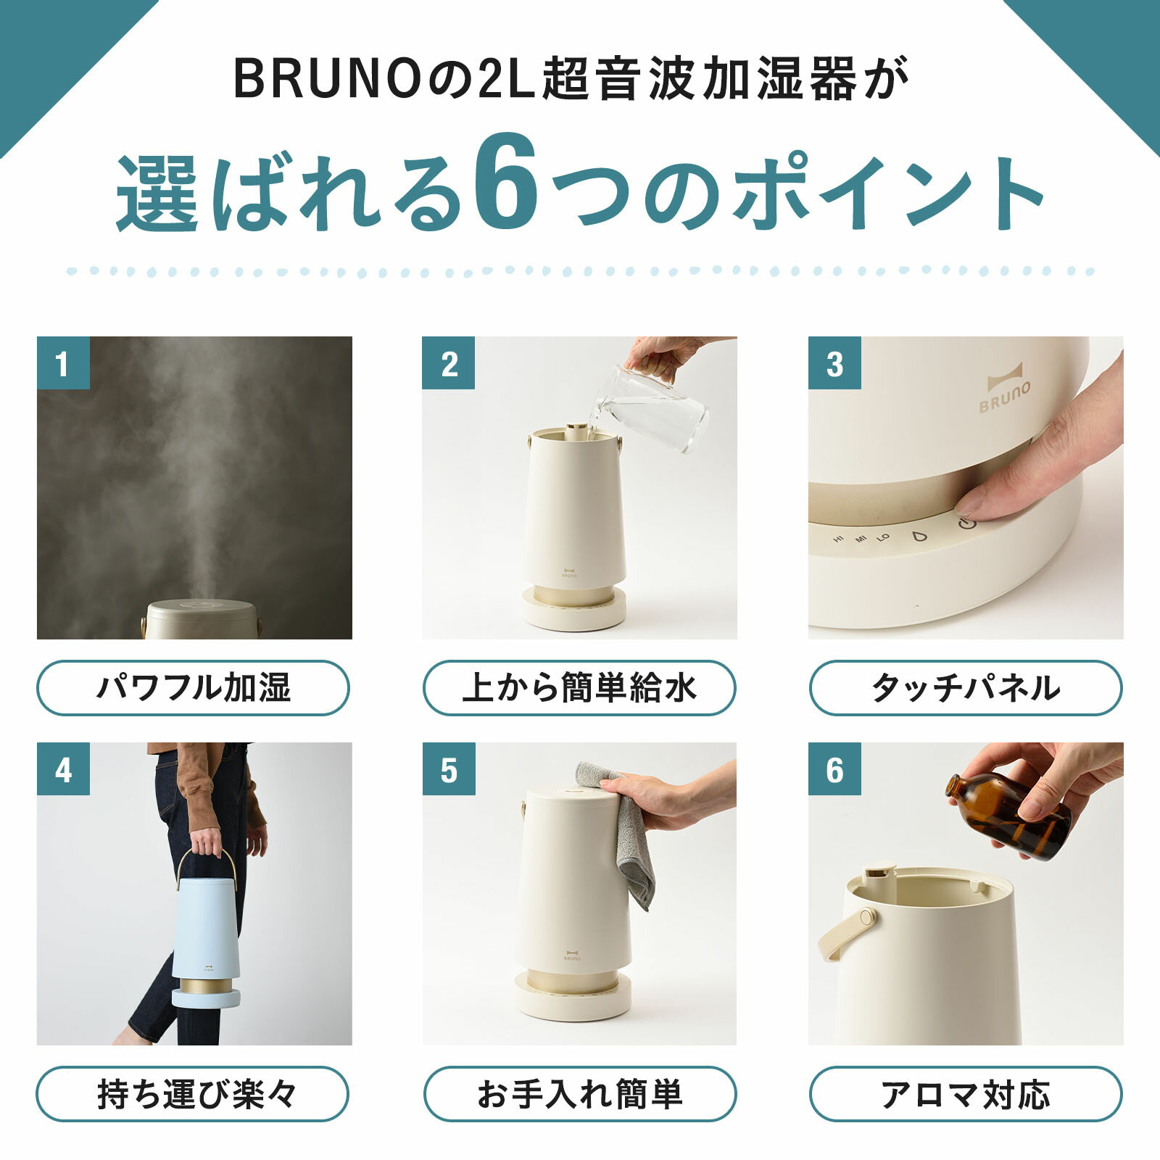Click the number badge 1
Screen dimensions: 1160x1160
[63, 362]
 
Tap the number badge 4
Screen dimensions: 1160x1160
[63, 768]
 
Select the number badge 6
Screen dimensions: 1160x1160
[834, 768]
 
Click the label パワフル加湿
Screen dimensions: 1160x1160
[193, 687]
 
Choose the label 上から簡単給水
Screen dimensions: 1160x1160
[579, 687]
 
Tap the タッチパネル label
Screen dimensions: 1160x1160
[966, 687]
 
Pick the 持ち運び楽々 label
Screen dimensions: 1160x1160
[193, 1094]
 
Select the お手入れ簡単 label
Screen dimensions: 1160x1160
[579, 1094]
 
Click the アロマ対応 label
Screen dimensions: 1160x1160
[966, 1094]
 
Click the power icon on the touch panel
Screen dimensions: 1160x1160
[967, 523]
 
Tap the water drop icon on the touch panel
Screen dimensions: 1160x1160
[920, 536]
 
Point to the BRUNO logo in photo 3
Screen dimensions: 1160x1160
[1004, 392]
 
